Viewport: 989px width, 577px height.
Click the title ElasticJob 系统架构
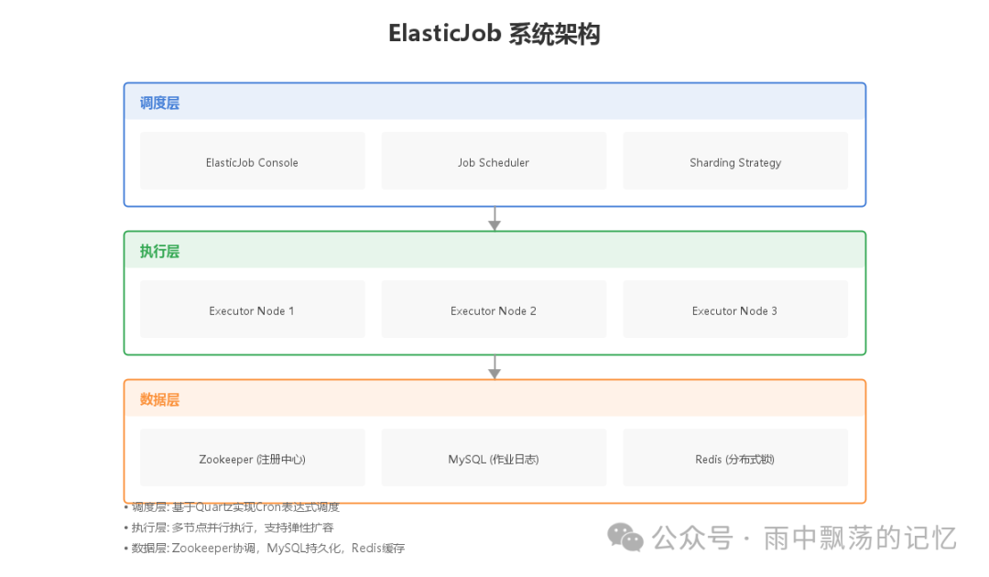click(x=494, y=34)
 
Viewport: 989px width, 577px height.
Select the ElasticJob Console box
click(x=252, y=161)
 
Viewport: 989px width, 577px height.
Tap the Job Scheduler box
click(x=494, y=161)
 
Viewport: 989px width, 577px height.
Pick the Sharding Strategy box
click(x=735, y=161)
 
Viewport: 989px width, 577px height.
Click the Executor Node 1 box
click(x=252, y=310)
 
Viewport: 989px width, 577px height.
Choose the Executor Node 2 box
click(x=494, y=310)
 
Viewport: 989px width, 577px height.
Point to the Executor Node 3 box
click(x=735, y=310)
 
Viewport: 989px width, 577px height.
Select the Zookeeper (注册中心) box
click(x=252, y=458)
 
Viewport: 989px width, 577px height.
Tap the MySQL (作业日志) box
click(x=494, y=458)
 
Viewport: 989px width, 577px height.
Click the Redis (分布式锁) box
click(x=735, y=458)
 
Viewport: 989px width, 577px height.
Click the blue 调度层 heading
click(x=159, y=103)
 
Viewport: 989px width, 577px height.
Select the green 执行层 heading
click(x=159, y=251)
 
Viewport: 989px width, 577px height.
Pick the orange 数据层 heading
click(x=159, y=399)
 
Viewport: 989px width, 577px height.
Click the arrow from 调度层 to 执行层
click(x=494, y=219)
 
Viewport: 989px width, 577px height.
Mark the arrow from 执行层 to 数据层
click(x=494, y=367)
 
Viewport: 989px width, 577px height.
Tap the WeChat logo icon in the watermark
click(x=627, y=538)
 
